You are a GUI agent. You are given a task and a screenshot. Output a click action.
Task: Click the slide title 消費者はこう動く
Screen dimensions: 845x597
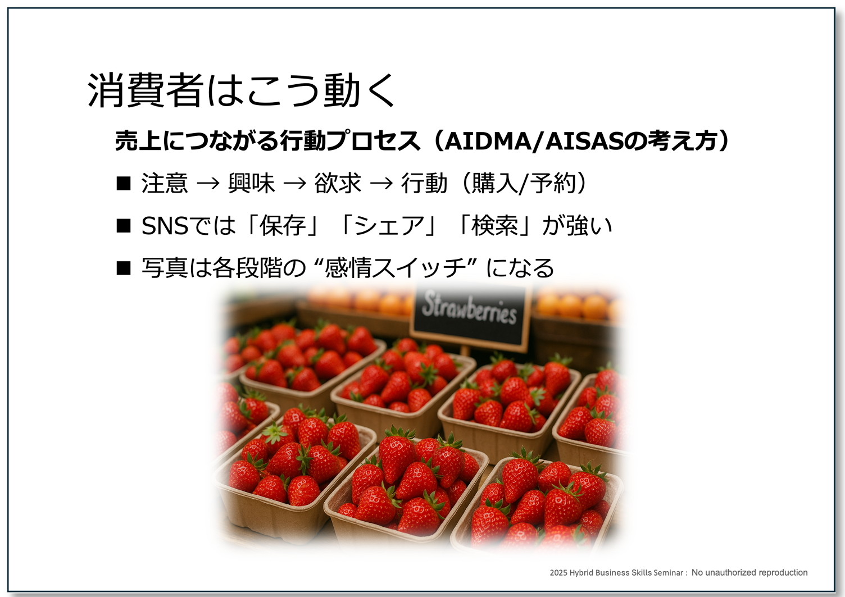(242, 90)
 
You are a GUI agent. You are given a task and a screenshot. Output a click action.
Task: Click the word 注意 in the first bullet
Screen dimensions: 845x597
(165, 183)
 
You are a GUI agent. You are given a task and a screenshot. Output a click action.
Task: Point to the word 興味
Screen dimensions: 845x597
(251, 183)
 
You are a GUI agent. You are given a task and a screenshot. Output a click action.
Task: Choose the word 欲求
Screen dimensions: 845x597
(338, 183)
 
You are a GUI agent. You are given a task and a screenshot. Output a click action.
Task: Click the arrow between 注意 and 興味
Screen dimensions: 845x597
(208, 184)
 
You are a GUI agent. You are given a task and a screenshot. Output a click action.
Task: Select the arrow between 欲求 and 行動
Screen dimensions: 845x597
(381, 184)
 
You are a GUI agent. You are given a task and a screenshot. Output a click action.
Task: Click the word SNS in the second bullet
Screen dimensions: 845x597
(165, 226)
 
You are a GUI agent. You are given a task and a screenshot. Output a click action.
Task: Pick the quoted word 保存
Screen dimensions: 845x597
(283, 226)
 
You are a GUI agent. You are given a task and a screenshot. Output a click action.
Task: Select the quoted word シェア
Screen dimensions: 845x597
(389, 226)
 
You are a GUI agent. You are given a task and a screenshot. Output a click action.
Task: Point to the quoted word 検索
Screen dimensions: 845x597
(494, 226)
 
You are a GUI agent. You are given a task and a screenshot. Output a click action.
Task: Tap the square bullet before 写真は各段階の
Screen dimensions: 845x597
(124, 268)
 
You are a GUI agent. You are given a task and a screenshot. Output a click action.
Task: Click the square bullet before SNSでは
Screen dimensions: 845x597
(124, 226)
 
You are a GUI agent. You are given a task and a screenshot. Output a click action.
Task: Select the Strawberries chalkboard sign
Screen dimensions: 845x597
(470, 317)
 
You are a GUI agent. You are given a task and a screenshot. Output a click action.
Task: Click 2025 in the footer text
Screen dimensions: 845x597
(558, 572)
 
